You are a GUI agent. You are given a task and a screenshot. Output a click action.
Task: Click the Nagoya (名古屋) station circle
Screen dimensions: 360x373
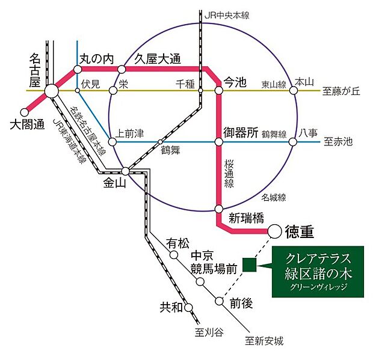tap(51, 91)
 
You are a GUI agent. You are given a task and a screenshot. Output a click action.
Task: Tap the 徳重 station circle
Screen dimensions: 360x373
tap(274, 230)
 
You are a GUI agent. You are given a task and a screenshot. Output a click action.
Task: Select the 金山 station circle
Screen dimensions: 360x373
tap(125, 171)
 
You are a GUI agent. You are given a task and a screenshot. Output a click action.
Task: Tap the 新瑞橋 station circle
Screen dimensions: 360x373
tap(219, 209)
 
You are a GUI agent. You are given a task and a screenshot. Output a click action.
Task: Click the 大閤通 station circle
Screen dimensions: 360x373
tap(25, 111)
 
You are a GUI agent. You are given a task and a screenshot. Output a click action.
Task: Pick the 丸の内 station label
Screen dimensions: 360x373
tap(97, 59)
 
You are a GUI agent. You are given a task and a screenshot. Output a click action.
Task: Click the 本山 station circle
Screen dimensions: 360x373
tap(294, 91)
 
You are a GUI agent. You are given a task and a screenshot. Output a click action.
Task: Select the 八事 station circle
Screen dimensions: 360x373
tap(293, 142)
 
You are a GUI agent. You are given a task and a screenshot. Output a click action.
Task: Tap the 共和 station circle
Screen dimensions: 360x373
tap(189, 307)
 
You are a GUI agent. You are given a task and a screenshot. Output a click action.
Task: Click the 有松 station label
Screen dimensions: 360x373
tap(177, 243)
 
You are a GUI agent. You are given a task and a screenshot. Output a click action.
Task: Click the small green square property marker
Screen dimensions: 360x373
tap(249, 264)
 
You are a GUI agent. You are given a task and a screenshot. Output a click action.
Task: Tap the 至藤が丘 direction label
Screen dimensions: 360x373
tap(341, 91)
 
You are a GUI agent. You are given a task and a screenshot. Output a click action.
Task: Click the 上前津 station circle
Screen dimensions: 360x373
tap(108, 142)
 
